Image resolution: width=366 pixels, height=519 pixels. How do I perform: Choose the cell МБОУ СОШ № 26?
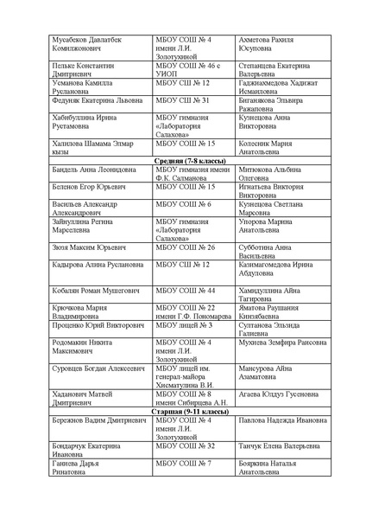[x=184, y=247]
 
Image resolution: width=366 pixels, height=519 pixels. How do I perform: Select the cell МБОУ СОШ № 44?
[x=184, y=291]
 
